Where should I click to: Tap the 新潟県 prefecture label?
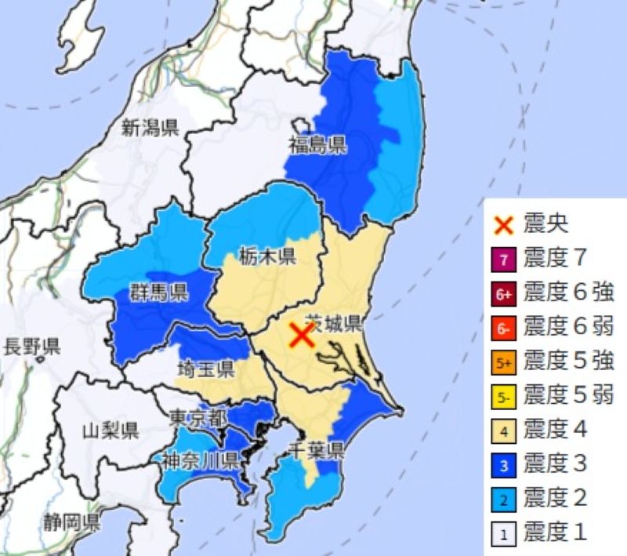pos(150,128)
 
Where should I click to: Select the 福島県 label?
pos(317,144)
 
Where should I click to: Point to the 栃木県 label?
pos(267,256)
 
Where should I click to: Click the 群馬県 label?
pos(158,294)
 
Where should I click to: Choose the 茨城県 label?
pos(333,322)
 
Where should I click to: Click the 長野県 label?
pos(32,347)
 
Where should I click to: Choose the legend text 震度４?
pos(555,429)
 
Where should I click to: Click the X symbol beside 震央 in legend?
pos(505,225)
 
